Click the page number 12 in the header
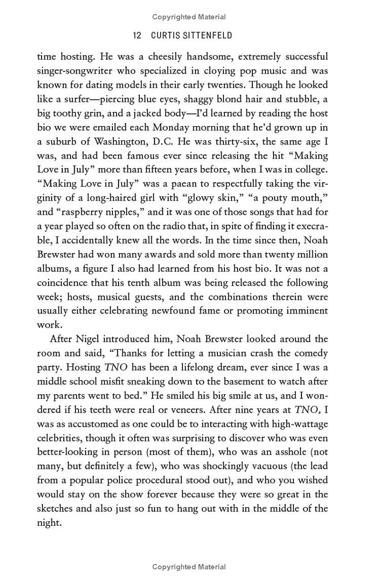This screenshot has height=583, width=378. click(137, 35)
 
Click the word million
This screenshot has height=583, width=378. click(312, 254)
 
